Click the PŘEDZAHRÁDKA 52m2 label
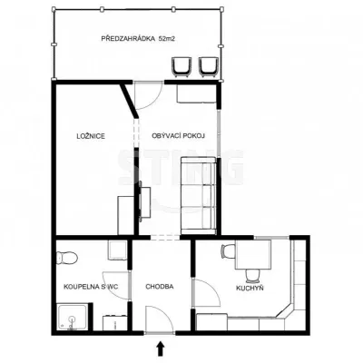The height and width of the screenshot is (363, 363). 139,39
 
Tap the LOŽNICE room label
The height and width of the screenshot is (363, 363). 91,136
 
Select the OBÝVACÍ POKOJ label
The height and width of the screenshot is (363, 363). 179,136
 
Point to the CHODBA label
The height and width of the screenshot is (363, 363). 160,287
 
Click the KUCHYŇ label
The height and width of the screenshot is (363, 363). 250,288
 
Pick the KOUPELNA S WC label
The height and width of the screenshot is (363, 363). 91,287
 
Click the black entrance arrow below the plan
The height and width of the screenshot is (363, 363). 161,348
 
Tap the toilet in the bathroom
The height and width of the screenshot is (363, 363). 67,258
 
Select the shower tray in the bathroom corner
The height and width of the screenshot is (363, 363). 73,318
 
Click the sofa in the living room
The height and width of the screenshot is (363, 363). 199,195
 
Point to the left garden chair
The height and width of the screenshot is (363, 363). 181,66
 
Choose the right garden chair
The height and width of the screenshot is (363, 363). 209,66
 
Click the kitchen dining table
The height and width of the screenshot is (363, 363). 253,254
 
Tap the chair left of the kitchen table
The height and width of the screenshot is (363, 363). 228,252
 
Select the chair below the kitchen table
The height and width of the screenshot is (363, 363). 253,275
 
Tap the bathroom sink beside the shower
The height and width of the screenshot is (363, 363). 114,323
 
